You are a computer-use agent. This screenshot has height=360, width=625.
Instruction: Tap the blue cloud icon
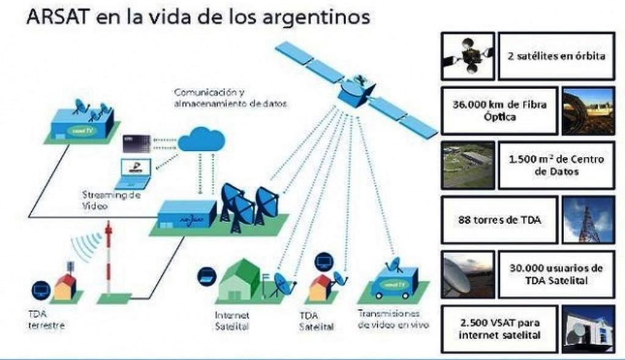(201, 140)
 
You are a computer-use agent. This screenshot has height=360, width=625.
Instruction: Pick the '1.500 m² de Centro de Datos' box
(556, 165)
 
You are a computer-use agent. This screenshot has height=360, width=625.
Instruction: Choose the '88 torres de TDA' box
(499, 220)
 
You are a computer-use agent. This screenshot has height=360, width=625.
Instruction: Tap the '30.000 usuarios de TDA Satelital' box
(556, 275)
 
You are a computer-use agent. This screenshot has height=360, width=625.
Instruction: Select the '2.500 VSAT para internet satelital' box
(499, 329)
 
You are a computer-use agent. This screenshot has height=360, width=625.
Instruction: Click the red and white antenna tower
(109, 256)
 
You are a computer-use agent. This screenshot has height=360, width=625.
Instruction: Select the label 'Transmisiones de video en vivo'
(393, 319)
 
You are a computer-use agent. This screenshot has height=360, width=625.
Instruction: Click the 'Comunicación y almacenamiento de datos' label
(229, 98)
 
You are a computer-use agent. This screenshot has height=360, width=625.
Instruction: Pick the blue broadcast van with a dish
(394, 280)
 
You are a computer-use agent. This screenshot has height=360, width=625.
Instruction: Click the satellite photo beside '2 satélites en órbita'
(468, 56)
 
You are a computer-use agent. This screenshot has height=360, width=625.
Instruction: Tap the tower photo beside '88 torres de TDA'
(588, 220)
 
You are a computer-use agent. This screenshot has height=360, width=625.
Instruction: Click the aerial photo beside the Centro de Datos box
(468, 165)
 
